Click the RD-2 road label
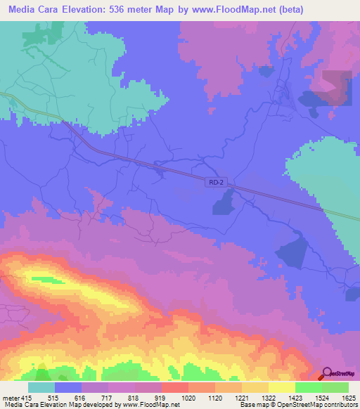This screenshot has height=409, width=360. click(x=217, y=182)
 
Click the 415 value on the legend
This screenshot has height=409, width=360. click(x=27, y=398)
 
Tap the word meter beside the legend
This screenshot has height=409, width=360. click(x=10, y=398)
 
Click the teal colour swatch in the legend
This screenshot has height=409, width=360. click(x=41, y=387)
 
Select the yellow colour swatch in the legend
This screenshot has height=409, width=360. click(x=282, y=387)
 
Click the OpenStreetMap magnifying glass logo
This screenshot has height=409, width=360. click(x=328, y=375)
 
